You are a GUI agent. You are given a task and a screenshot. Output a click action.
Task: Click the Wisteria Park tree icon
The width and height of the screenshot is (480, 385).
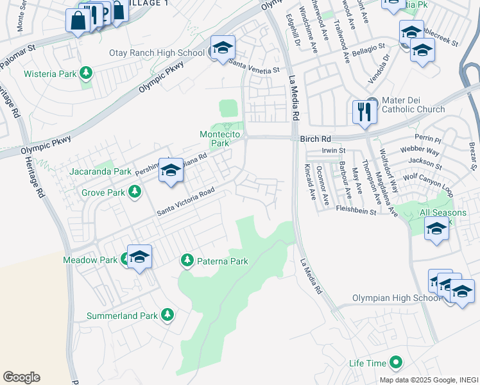pos(85,74)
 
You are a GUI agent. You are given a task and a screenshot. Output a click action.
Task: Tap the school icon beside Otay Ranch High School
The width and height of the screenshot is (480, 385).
pos(223,48)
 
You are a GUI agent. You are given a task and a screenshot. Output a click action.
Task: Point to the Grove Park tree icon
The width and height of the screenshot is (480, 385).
pos(135,191)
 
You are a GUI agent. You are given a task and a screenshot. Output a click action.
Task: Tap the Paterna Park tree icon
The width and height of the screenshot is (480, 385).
pos(187,261)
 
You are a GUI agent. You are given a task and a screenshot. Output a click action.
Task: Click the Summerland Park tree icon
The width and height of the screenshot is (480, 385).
pos(167,315)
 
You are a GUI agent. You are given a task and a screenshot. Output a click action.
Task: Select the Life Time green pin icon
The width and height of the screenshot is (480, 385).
pos(396,363)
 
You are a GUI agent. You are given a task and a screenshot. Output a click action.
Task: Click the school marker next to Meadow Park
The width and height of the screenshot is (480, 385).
pos(139,257)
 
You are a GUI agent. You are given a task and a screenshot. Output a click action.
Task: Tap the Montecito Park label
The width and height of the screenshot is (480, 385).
pos(214,138)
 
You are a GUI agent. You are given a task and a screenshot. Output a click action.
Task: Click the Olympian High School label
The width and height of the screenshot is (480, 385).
pos(397,298)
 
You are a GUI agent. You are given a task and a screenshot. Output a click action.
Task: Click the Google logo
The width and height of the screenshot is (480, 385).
pos(21,377)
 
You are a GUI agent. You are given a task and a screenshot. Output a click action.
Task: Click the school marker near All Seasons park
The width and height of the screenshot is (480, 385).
pos(436,228)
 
